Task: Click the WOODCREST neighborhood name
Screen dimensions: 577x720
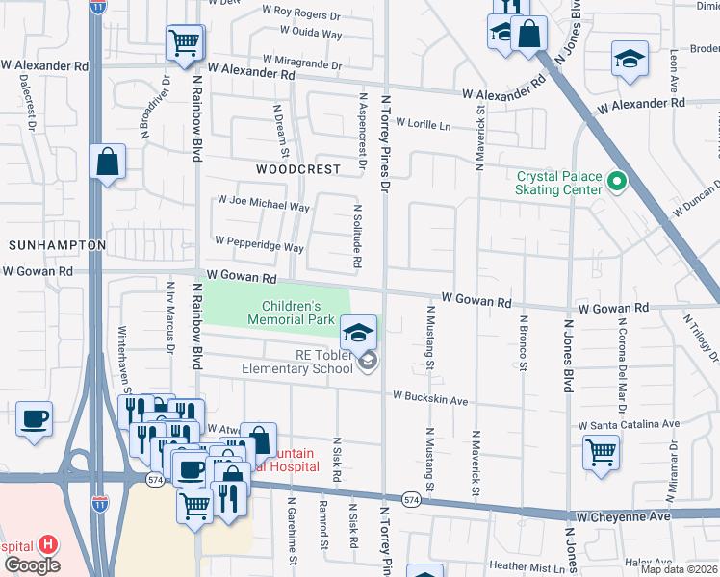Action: coord(298,168)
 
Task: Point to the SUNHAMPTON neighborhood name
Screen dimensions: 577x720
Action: coord(56,245)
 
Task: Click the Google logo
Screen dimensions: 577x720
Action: coord(32,565)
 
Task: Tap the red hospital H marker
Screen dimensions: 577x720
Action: coord(47,544)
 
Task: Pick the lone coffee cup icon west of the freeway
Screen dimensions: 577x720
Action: coord(35,420)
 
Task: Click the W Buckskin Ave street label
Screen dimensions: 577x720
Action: coord(429,398)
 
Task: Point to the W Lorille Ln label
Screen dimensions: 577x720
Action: coord(416,125)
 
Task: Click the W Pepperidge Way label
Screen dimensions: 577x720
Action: coord(260,244)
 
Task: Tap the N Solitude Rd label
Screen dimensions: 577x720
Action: coord(356,235)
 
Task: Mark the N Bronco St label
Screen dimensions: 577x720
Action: coord(523,342)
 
